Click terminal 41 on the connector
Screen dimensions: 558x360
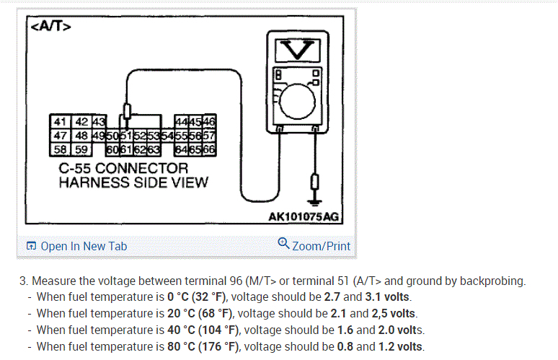(60, 122)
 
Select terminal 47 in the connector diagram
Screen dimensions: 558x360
(60, 135)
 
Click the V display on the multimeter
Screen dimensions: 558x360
(298, 49)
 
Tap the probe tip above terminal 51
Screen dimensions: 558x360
(128, 112)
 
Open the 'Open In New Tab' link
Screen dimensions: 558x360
(84, 246)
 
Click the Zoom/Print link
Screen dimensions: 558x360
(321, 246)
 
